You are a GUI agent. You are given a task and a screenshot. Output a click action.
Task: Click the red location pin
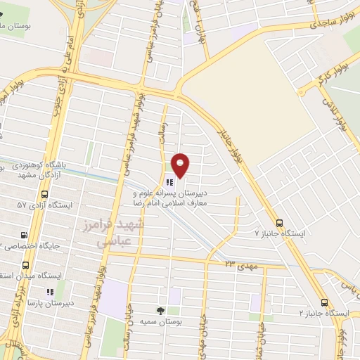(x=181, y=165)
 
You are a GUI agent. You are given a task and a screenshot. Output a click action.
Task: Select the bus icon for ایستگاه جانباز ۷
(x=280, y=219)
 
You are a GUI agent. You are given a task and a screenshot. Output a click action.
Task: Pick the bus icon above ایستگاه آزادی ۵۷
(x=45, y=194)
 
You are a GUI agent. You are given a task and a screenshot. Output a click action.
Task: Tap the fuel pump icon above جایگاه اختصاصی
(x=25, y=236)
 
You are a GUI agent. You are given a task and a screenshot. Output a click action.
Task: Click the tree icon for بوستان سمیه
(x=160, y=310)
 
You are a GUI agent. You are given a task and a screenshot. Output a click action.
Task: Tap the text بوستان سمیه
(x=161, y=321)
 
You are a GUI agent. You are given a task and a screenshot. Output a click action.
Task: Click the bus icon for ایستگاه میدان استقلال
(x=25, y=265)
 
